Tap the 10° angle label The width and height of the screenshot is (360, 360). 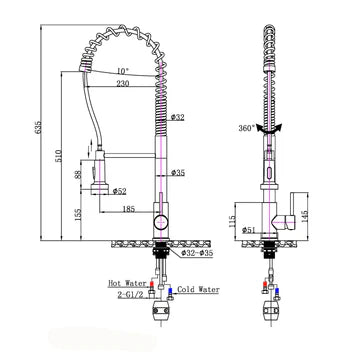click(122, 71)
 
